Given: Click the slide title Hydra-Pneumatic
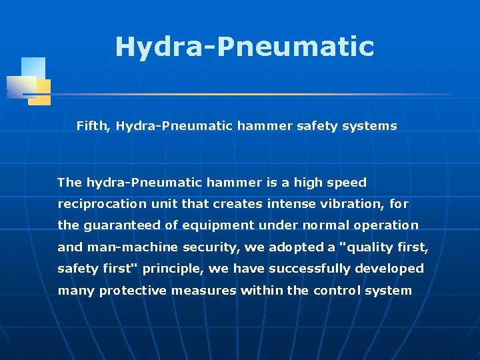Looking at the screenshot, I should (244, 47).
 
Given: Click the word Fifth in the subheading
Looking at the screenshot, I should (92, 126).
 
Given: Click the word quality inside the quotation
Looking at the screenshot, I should (366, 247).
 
